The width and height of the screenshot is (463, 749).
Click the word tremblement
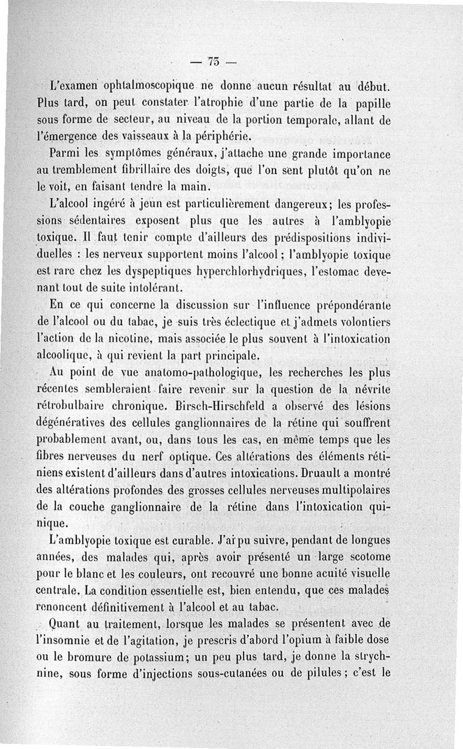coord(80,171)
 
